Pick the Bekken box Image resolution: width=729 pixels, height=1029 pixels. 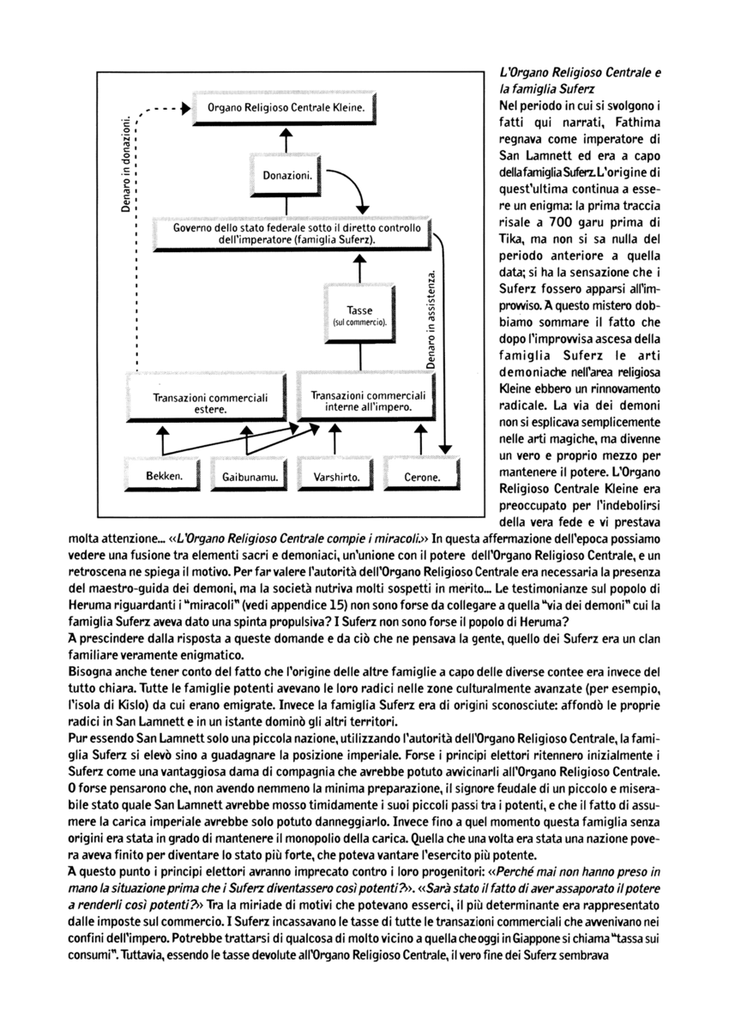160,477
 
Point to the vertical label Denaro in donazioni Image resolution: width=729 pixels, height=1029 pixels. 127,163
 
